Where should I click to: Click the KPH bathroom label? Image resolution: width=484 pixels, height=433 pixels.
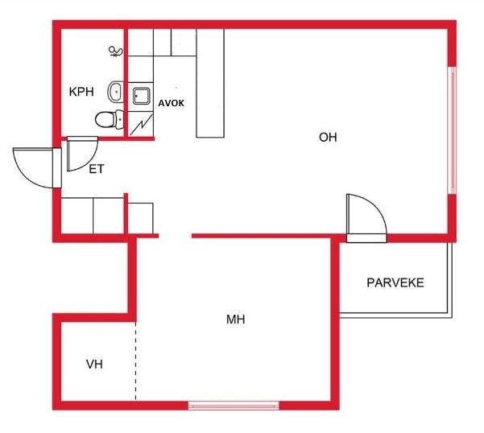(81, 93)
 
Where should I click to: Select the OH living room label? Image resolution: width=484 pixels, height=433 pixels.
(328, 137)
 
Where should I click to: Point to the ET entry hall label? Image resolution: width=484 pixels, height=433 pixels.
(97, 169)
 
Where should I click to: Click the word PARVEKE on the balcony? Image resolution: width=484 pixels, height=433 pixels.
(395, 283)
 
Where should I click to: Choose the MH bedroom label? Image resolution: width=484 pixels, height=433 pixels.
(235, 320)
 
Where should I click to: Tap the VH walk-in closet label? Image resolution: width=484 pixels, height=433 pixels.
(94, 365)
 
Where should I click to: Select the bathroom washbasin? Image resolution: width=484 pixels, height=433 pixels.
(116, 92)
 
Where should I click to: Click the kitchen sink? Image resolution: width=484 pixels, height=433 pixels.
(143, 97)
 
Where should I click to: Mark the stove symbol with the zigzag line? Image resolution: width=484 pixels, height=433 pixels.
(143, 123)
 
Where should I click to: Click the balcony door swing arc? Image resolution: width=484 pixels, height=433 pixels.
(367, 213)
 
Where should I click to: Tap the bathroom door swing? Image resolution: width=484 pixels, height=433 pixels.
(80, 153)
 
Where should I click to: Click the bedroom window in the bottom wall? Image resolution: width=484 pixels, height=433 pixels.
(234, 405)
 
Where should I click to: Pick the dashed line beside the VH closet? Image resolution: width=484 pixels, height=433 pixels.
(135, 358)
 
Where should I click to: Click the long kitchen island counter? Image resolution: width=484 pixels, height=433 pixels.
(210, 84)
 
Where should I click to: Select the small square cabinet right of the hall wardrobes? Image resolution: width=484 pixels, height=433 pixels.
(141, 217)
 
